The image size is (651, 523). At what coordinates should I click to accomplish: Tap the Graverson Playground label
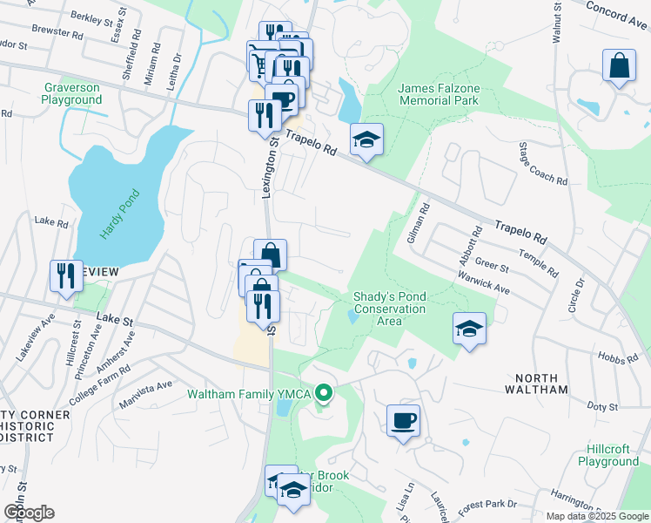coord(71,94)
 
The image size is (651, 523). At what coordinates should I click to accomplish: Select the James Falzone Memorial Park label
coord(439,94)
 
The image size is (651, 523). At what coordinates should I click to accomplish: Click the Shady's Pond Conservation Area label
coord(390,309)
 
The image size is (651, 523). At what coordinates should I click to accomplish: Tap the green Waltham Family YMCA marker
coord(324,394)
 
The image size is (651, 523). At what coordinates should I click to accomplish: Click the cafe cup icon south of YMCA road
coord(403,421)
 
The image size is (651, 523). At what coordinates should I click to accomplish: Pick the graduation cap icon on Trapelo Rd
coord(367,139)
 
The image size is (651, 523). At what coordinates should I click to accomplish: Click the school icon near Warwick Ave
coord(469,329)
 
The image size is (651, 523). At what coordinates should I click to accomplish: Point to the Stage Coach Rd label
coord(542,164)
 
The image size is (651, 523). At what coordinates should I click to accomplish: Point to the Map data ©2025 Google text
coord(596,516)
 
